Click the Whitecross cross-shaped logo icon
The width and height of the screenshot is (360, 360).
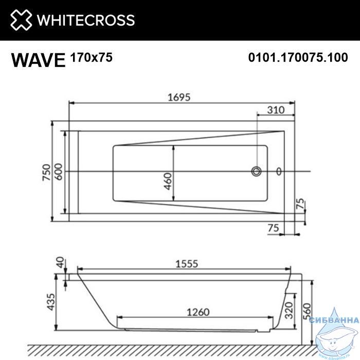(21, 20)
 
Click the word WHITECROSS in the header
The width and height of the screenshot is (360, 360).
(86, 20)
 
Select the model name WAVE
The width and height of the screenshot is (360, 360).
(39, 60)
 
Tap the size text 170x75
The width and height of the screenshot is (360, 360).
(92, 57)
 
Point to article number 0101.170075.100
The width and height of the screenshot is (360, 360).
(298, 58)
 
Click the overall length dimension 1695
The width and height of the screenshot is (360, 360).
(179, 97)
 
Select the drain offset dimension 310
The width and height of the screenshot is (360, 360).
(276, 110)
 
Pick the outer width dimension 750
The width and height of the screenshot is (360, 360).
(46, 172)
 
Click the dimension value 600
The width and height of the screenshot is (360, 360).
(59, 172)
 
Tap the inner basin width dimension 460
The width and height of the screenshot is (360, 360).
(168, 182)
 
